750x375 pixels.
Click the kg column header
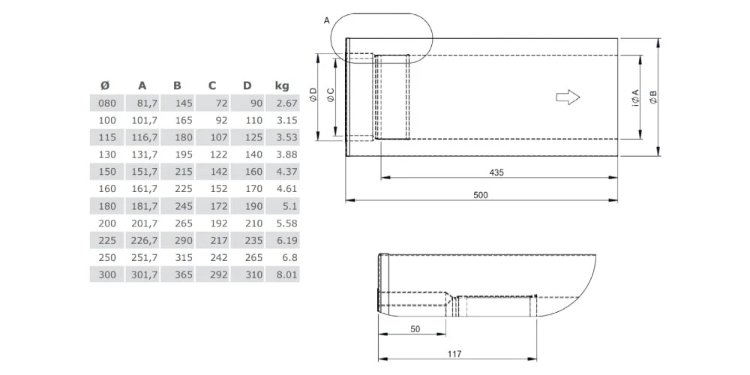[x=282, y=85]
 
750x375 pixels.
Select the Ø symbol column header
[x=105, y=85]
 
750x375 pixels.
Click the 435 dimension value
[x=496, y=172]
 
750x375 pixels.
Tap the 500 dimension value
[x=481, y=195]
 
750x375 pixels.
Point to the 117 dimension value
[x=454, y=354]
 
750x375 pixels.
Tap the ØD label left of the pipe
[x=313, y=97]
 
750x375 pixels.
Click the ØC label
[x=331, y=97]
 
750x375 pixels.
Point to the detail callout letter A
[x=326, y=21]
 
